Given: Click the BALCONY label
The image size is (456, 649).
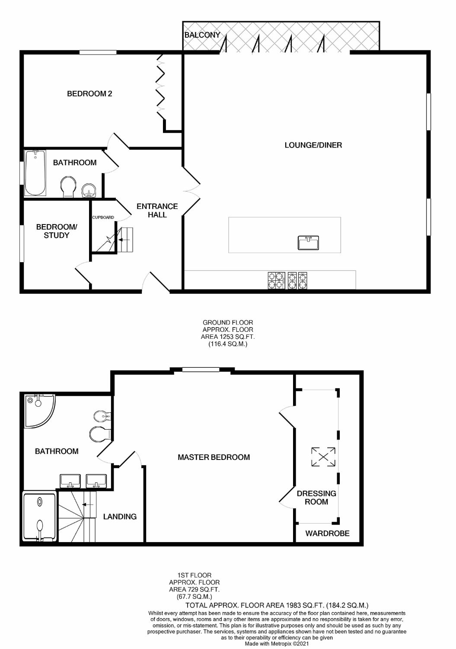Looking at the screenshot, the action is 202,35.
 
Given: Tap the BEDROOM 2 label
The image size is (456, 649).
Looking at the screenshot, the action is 89,93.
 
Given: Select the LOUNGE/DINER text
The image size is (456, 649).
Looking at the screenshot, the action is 313,145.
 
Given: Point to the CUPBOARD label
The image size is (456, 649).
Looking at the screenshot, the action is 103,217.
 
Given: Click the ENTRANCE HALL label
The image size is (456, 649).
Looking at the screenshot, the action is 157,210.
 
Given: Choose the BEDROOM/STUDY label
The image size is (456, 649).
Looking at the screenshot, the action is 57,231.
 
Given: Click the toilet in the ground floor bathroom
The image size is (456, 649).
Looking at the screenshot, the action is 69,187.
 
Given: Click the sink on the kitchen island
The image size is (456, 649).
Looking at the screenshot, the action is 308,243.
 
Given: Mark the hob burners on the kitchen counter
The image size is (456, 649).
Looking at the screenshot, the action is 287,280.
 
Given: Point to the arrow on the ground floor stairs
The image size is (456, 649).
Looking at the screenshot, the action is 124,240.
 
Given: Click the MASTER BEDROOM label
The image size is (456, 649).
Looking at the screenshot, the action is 214,457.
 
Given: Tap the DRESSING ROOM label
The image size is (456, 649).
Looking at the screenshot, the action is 316,498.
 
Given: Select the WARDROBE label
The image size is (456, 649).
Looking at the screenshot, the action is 328,533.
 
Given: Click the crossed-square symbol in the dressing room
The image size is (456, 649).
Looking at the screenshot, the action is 323,457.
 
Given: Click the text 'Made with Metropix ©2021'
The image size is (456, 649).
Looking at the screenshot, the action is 277,643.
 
